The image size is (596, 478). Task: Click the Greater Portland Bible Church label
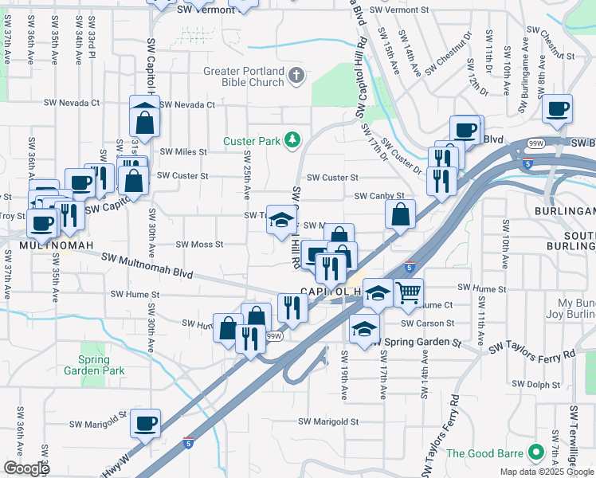pyautogui.click(x=243, y=76)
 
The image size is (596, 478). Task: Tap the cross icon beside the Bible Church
pyautogui.click(x=296, y=76)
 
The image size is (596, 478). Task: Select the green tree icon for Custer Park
pyautogui.click(x=292, y=141)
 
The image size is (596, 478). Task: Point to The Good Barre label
pyautogui.click(x=488, y=453)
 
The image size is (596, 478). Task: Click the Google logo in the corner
pyautogui.click(x=27, y=468)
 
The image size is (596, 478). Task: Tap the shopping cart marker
pyautogui.click(x=408, y=293)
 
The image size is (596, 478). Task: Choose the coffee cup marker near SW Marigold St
pyautogui.click(x=145, y=424)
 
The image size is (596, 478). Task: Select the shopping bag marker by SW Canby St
pyautogui.click(x=400, y=214)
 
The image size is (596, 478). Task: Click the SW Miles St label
pyautogui.click(x=183, y=151)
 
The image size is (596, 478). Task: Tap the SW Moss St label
pyautogui.click(x=199, y=245)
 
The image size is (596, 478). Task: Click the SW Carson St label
pyautogui.click(x=427, y=323)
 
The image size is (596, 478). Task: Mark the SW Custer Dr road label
pyautogui.click(x=401, y=155)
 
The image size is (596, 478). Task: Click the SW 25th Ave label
pyautogui.click(x=247, y=174)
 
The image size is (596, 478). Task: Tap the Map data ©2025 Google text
pyautogui.click(x=547, y=472)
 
